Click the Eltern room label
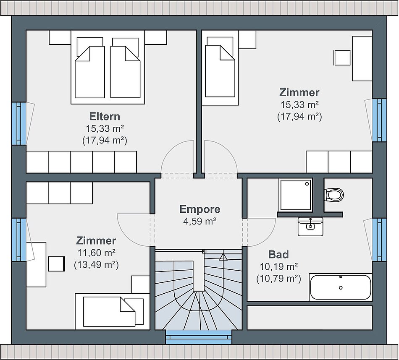(x=105, y=117)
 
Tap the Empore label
(x=200, y=209)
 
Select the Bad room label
(x=278, y=255)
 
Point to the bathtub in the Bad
(x=341, y=287)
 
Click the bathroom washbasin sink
(x=310, y=226)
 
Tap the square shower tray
(x=295, y=195)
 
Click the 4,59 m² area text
(x=200, y=221)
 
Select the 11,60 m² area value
(x=97, y=253)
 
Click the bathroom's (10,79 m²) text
(x=278, y=279)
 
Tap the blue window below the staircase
(x=199, y=337)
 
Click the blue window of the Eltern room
(x=19, y=123)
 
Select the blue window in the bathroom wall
(x=379, y=240)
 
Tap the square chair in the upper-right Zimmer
(x=342, y=58)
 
